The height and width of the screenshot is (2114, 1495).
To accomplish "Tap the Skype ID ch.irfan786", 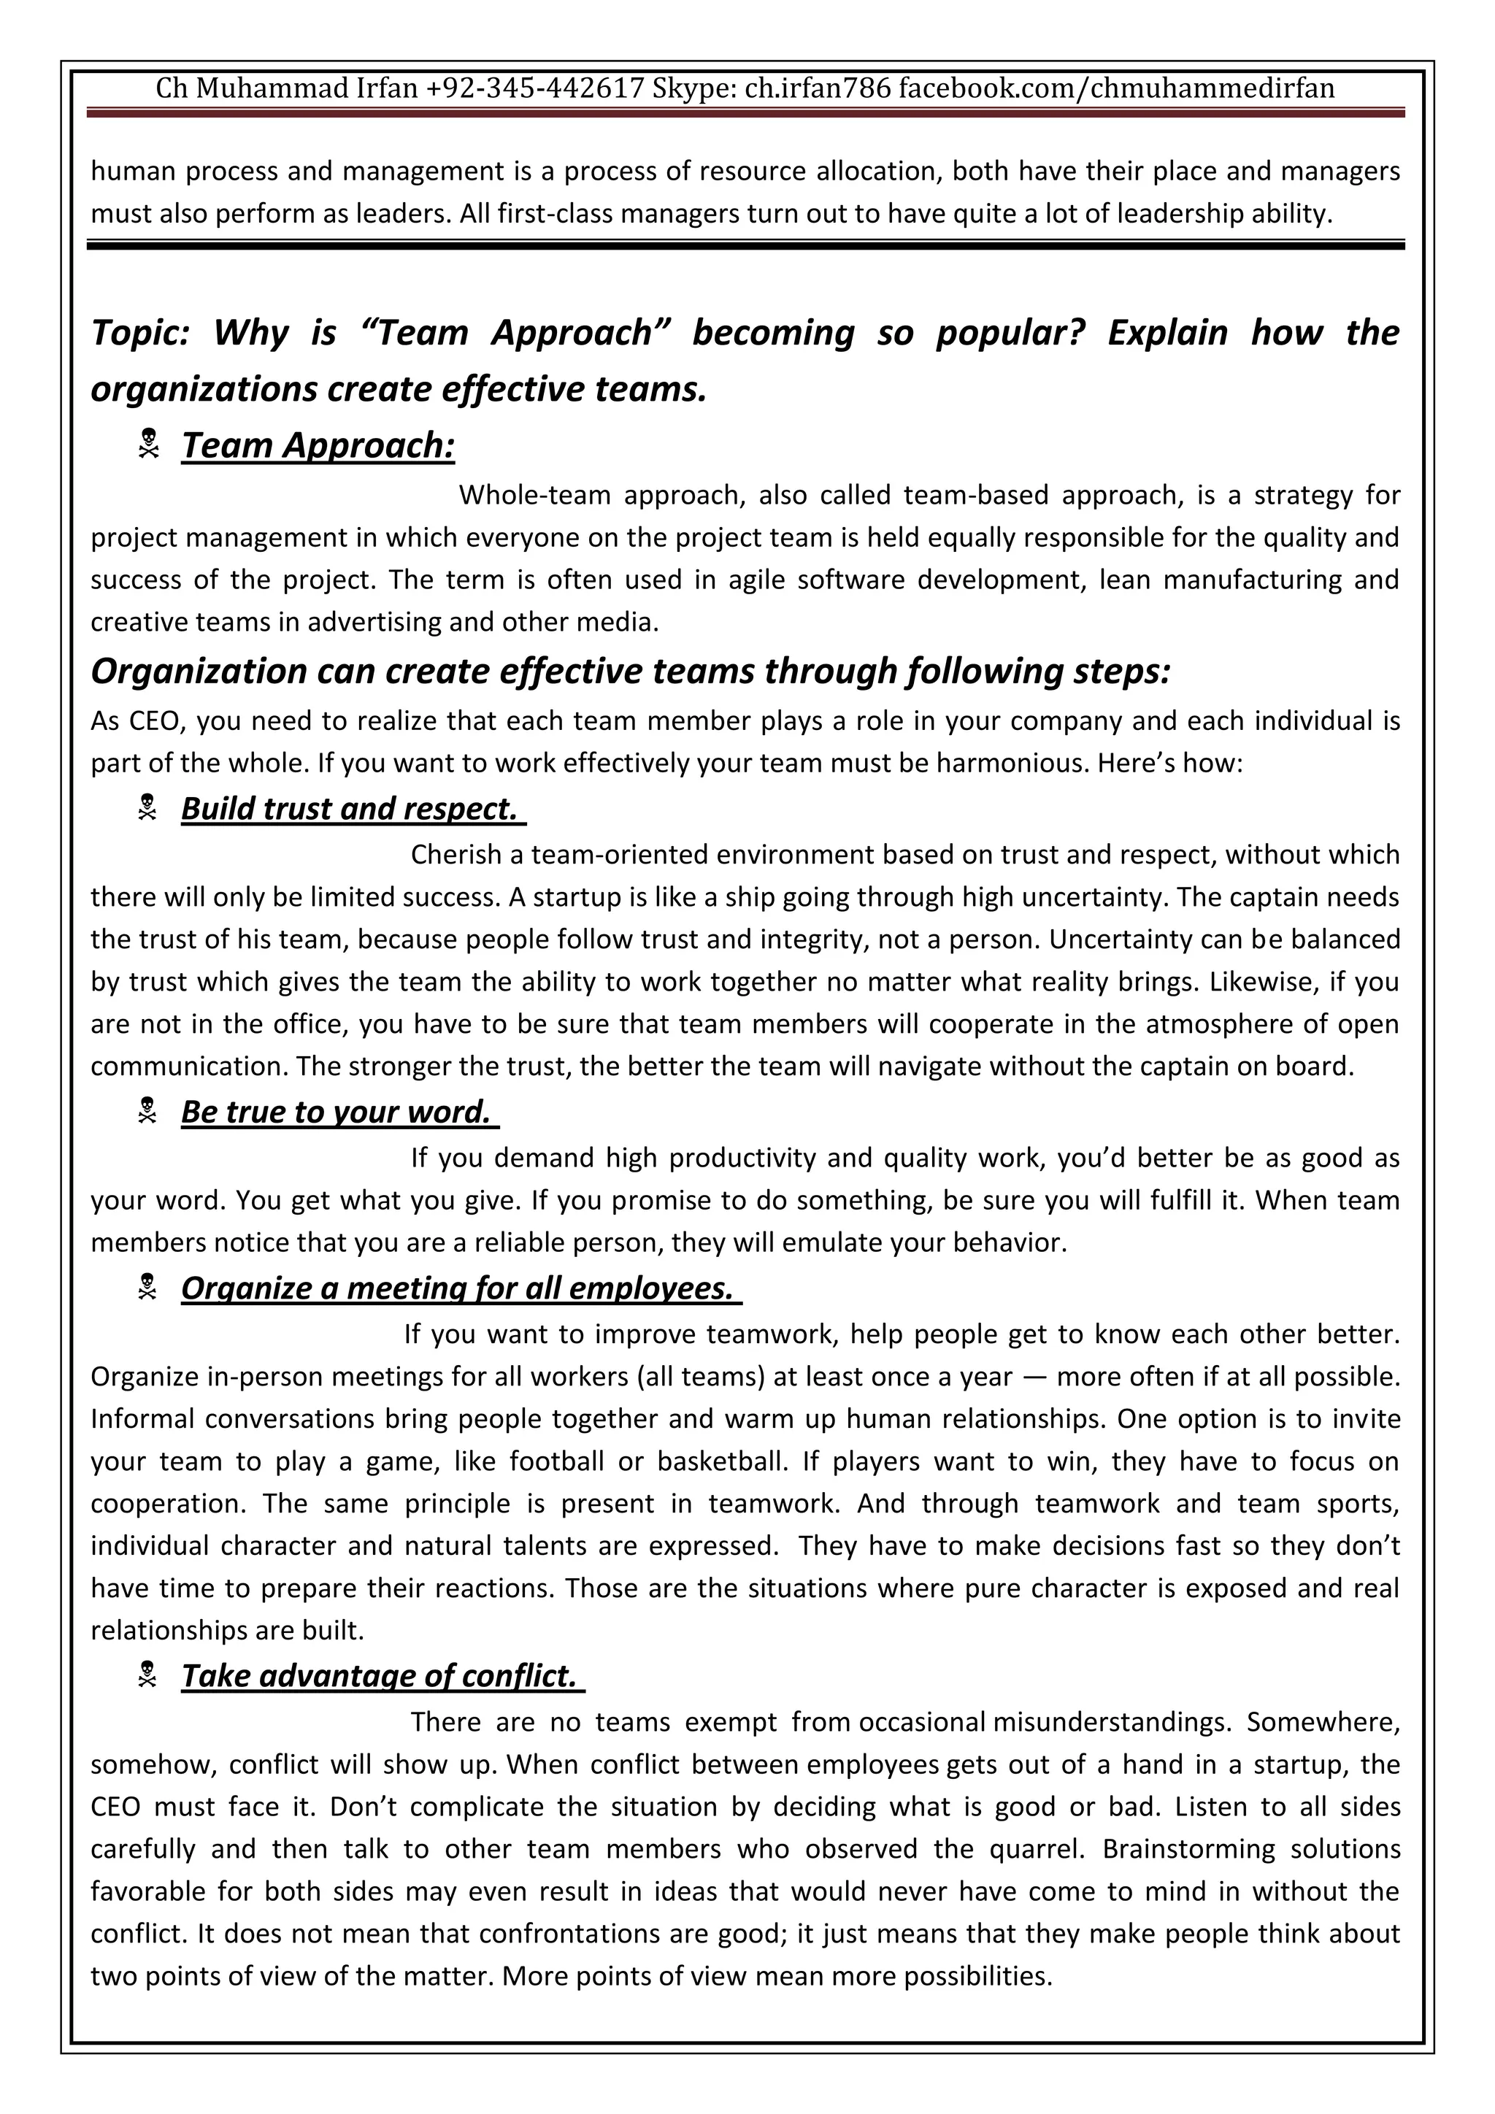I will point(818,88).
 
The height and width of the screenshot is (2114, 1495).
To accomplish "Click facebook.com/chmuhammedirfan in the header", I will point(1115,88).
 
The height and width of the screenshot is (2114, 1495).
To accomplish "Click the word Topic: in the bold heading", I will point(140,332).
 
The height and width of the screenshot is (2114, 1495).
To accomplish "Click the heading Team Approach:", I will point(318,445).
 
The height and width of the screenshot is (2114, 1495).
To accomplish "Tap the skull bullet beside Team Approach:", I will point(148,445).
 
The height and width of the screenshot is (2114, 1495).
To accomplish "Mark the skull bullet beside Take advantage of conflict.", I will point(147,1674).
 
